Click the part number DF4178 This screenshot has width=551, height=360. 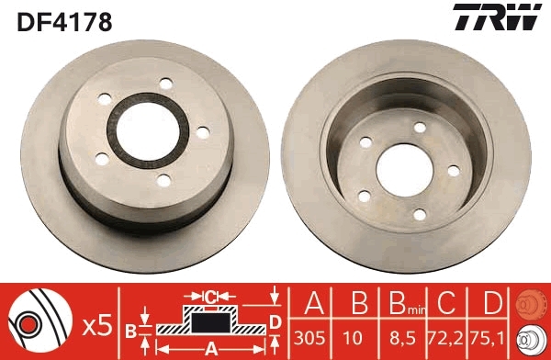(x=63, y=21)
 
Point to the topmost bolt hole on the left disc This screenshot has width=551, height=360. (x=165, y=84)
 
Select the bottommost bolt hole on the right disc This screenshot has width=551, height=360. (x=419, y=214)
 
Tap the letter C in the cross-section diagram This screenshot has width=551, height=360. (x=209, y=297)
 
